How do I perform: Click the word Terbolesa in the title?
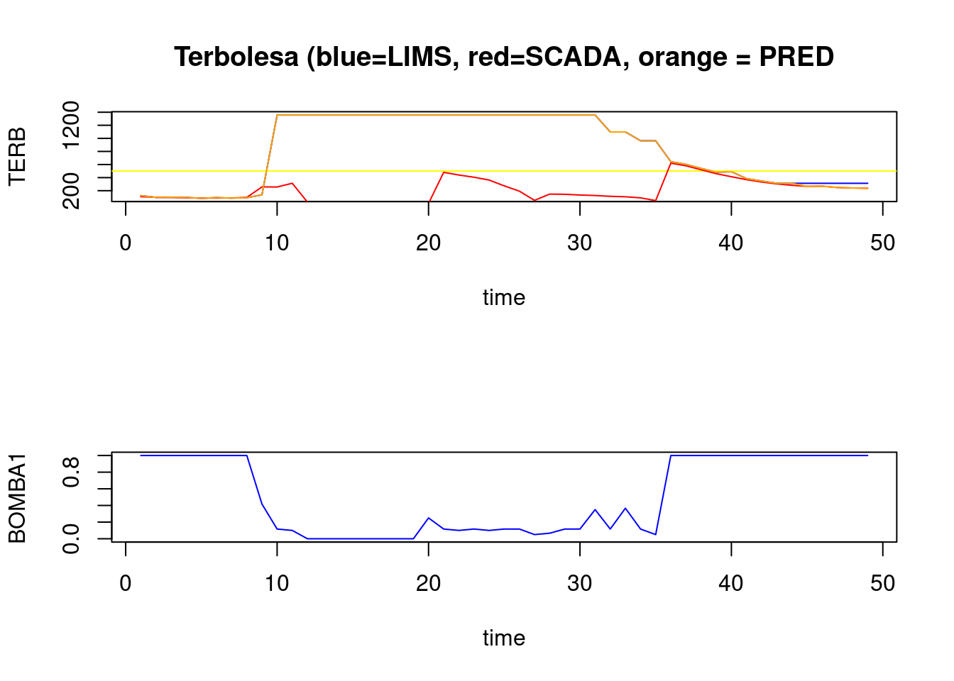click(236, 57)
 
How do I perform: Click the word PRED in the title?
click(796, 57)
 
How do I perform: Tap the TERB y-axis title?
click(17, 156)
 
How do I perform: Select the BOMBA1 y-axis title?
click(17, 498)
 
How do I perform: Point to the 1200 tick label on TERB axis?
click(72, 126)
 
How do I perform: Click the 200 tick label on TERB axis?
click(72, 191)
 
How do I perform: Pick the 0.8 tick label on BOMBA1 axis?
click(72, 472)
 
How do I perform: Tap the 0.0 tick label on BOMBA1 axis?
click(72, 538)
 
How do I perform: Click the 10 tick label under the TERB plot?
click(277, 243)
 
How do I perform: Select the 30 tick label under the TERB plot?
click(580, 243)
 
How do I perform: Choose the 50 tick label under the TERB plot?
click(882, 243)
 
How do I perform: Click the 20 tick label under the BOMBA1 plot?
click(429, 584)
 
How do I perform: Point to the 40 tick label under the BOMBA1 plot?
click(731, 584)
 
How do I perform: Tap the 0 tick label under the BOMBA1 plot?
click(126, 584)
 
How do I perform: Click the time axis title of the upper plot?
click(504, 297)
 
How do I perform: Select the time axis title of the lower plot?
click(504, 638)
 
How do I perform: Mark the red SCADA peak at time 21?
click(444, 172)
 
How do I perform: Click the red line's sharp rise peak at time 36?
click(671, 162)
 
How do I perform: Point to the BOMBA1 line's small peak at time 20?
click(429, 518)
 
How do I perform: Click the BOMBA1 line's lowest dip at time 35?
click(656, 534)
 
